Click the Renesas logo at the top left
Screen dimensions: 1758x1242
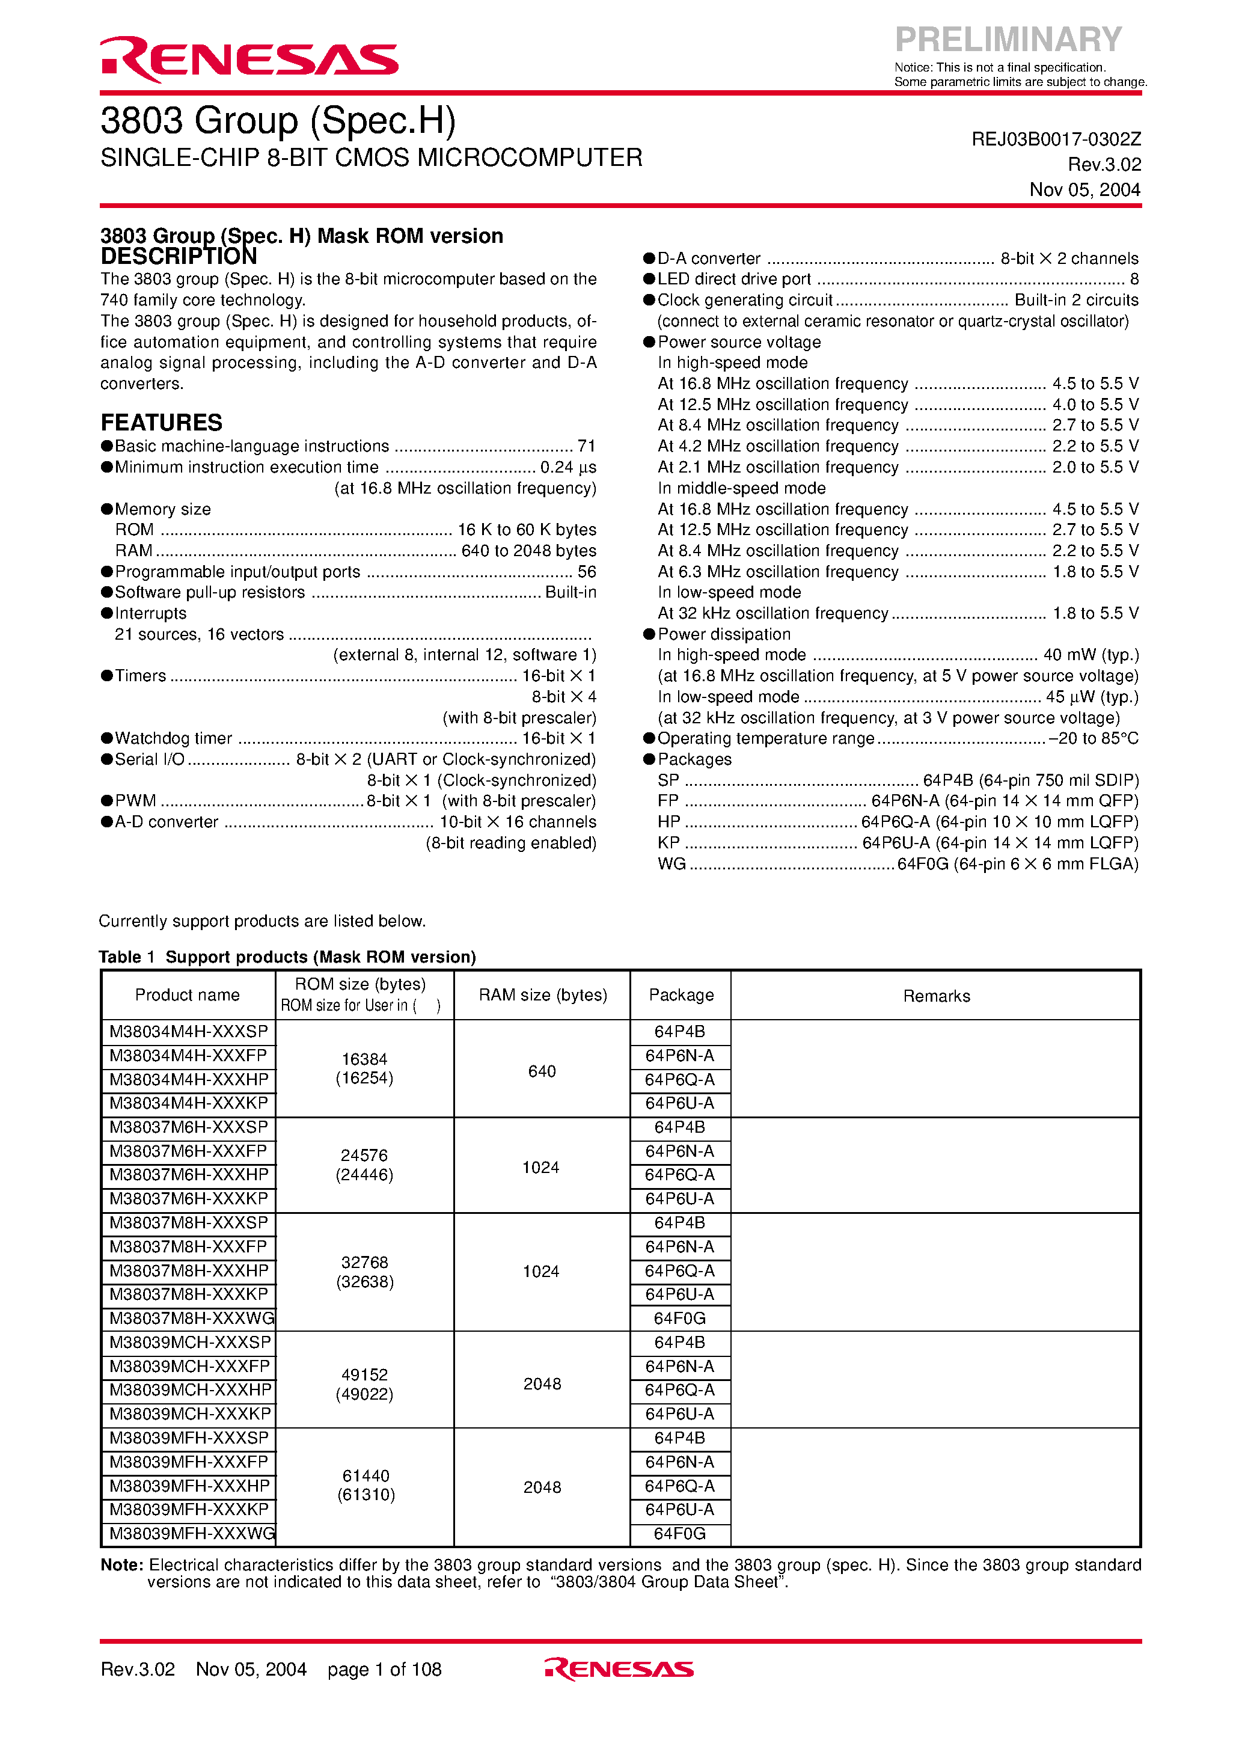pos(249,59)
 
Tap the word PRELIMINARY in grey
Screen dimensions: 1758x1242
pos(1008,39)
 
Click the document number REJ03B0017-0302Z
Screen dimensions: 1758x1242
pos(1055,139)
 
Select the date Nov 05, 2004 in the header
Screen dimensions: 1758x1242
pos(1084,190)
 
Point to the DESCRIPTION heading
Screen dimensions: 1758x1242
pos(179,257)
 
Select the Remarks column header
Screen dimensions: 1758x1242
pos(936,996)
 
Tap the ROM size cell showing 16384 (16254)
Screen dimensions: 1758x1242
pos(364,1069)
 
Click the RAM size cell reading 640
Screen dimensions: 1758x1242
pos(542,1071)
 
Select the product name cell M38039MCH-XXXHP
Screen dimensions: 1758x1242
pos(190,1389)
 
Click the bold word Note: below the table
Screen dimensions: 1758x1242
pos(122,1565)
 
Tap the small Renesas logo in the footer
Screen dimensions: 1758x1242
pos(619,1669)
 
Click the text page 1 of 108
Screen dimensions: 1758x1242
pos(384,1669)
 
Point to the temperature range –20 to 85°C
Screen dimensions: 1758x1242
pos(1093,738)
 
